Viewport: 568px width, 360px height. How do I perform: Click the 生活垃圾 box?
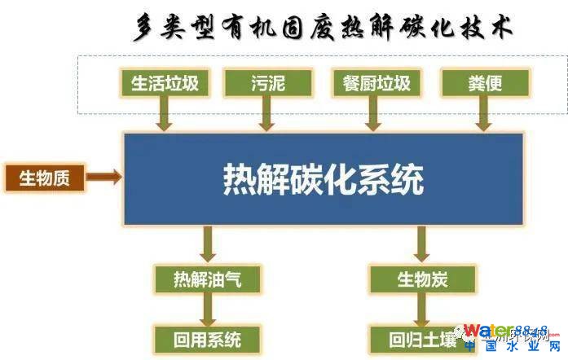pyautogui.click(x=165, y=82)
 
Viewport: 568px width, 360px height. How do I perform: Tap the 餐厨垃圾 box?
pyautogui.click(x=376, y=82)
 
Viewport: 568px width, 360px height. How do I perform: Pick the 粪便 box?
pyautogui.click(x=485, y=82)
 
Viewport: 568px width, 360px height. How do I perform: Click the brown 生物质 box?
pyautogui.click(x=45, y=177)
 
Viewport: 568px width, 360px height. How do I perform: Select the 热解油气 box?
pyautogui.click(x=208, y=279)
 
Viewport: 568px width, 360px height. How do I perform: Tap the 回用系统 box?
pyautogui.click(x=208, y=338)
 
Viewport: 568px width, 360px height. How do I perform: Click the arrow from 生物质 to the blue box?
pyautogui.click(x=104, y=176)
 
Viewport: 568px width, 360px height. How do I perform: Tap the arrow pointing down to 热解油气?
pyautogui.click(x=208, y=244)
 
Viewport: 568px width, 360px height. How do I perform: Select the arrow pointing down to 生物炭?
pyautogui.click(x=421, y=244)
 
